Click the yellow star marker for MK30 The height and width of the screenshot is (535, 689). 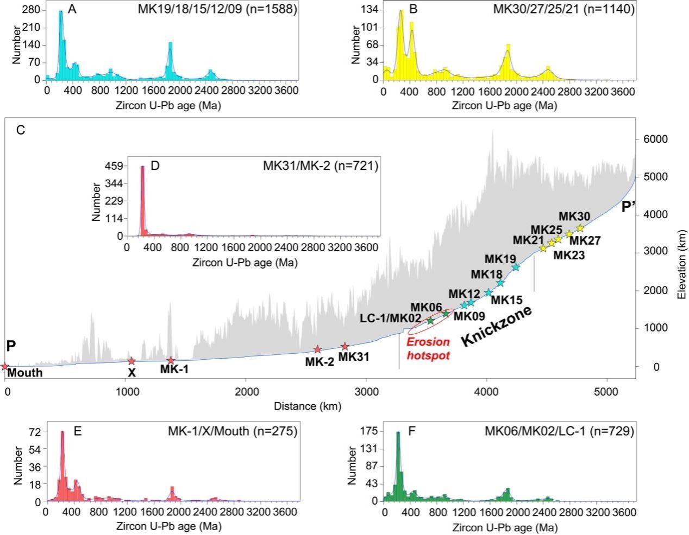click(580, 227)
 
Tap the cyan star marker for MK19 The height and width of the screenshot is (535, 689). click(516, 267)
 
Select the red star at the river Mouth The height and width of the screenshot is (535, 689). click(4, 367)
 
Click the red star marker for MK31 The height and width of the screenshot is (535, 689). click(345, 347)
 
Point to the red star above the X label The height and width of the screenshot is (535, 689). click(131, 361)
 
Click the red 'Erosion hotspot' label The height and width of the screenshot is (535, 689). click(428, 348)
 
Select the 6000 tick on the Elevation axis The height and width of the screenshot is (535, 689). click(655, 139)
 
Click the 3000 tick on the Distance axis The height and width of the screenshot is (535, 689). click(366, 392)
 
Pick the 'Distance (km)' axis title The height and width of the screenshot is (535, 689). click(308, 406)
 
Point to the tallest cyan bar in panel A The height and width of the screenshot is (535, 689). click(61, 45)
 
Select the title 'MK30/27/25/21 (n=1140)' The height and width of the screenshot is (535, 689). click(563, 9)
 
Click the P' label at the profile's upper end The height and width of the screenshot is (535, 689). click(628, 207)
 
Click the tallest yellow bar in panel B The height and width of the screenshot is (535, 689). click(402, 45)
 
